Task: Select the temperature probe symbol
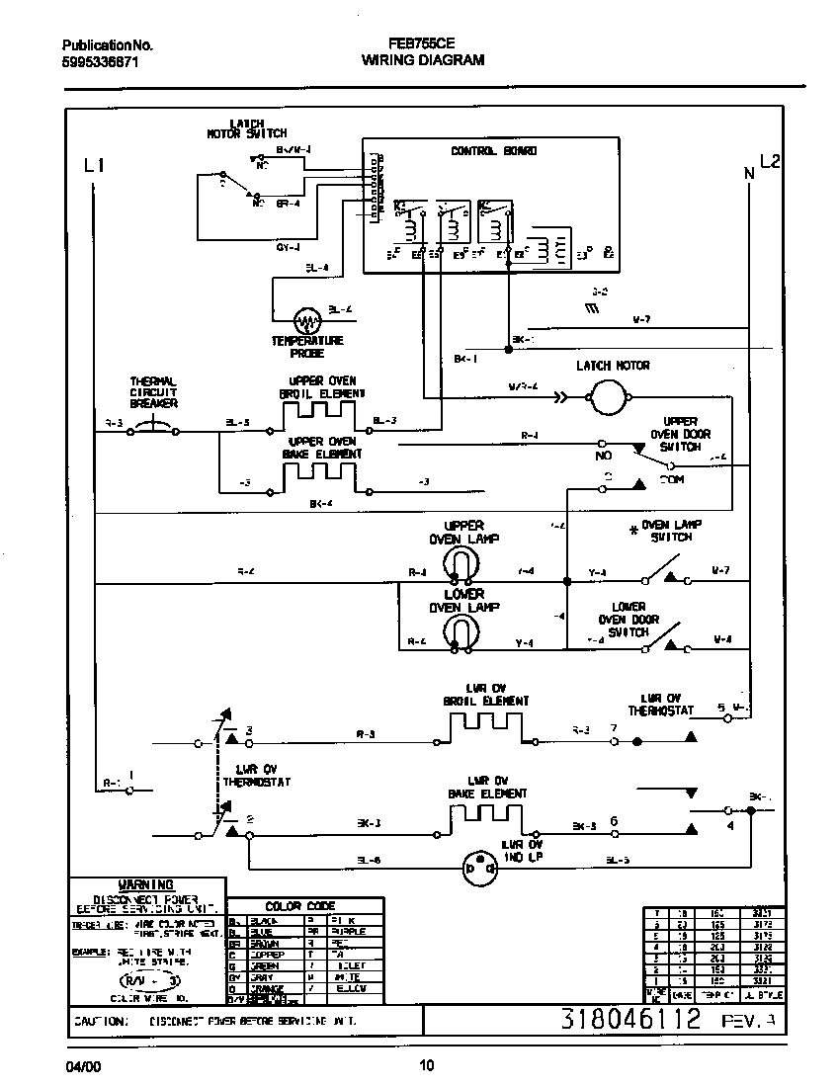[307, 321]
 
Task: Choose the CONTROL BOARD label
[493, 151]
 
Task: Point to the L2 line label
[769, 162]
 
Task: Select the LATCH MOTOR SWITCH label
[246, 127]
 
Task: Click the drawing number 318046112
[631, 1019]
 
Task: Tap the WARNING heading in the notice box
[145, 884]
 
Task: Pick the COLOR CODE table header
[300, 905]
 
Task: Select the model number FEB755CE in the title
[423, 44]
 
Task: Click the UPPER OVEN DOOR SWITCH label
[680, 434]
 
